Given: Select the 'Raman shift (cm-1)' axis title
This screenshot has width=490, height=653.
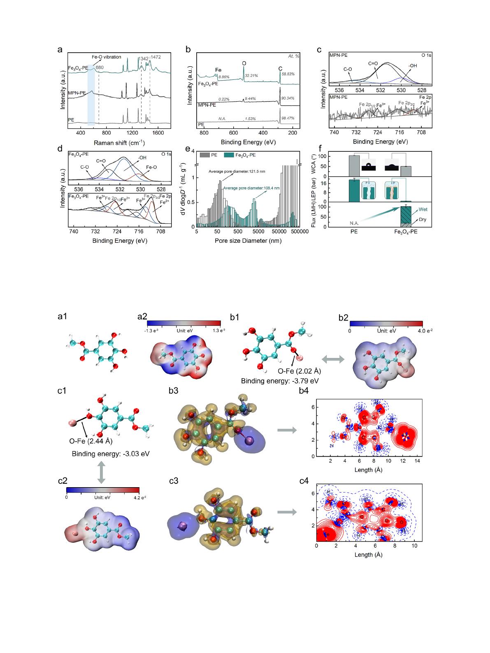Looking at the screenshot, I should [x=120, y=143].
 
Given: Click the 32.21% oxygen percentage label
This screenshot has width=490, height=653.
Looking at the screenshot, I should [x=251, y=76].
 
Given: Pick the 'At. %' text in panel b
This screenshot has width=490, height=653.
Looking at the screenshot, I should [x=293, y=56].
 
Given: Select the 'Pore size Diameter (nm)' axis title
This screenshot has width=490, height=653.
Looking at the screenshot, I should [x=248, y=241].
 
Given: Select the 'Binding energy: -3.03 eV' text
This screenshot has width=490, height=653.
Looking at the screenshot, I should [x=111, y=454].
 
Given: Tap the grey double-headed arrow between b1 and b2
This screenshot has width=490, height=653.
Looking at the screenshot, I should [x=332, y=360].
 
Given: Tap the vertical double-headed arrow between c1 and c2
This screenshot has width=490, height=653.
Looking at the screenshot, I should [x=100, y=472].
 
